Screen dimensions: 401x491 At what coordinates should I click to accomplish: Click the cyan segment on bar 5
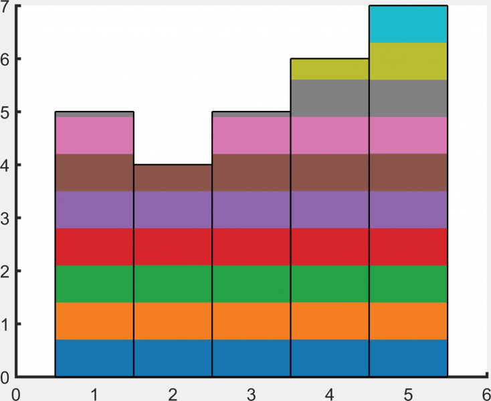408,24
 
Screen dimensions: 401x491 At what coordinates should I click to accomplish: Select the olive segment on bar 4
330,70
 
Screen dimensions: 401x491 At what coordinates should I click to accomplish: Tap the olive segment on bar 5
408,61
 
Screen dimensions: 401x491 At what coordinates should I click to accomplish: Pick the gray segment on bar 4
330,98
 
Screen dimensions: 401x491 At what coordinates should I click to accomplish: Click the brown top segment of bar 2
173,178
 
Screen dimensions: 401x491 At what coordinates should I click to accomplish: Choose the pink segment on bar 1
94,136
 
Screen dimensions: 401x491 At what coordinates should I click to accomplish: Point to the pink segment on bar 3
252,136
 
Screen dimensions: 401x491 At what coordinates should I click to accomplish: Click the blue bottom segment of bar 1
94,358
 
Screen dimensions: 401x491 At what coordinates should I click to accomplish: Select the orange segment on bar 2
173,321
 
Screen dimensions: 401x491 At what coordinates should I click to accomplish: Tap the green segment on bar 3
252,284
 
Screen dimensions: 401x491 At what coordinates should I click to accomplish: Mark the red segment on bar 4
330,247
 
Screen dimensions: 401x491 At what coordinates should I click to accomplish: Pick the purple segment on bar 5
408,210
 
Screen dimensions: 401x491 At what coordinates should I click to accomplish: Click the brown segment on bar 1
94,172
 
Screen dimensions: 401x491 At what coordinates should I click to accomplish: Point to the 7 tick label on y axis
5,7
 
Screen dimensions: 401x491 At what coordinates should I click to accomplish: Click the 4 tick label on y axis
5,165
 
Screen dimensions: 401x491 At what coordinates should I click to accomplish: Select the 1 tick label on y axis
5,324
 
